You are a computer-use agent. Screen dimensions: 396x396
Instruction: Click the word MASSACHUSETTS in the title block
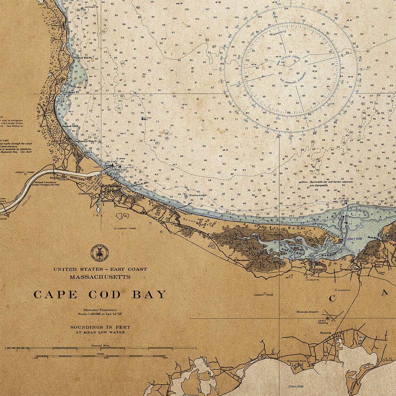point(100,277)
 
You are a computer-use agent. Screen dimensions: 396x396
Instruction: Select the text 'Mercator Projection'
point(100,310)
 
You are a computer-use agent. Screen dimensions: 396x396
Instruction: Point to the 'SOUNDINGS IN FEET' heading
point(100,327)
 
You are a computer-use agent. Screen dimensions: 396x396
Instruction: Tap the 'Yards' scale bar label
point(100,354)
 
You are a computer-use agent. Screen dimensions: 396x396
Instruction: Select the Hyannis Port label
point(296,361)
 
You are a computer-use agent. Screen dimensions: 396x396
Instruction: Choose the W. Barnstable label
point(240,260)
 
